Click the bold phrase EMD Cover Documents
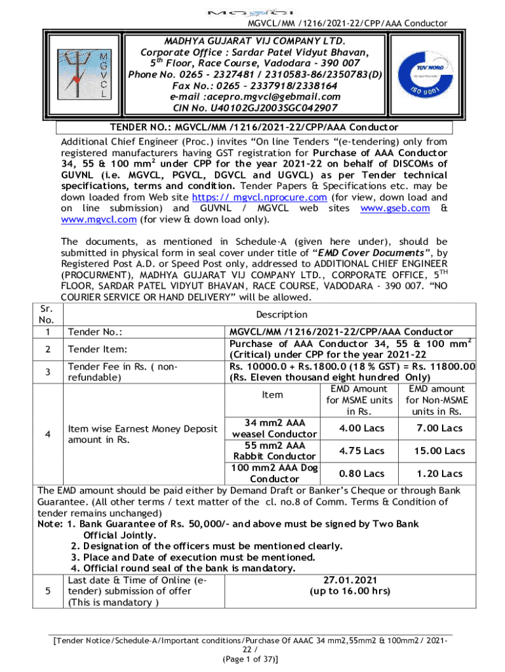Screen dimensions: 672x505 coord(370,253)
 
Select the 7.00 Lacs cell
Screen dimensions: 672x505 coord(439,428)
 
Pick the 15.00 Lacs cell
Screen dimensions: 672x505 coord(439,451)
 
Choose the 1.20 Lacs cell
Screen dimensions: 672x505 coord(439,473)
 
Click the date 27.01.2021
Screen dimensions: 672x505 coord(350,579)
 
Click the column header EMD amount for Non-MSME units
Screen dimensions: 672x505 coord(436,400)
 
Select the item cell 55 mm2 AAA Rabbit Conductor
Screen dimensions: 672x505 coord(272,451)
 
